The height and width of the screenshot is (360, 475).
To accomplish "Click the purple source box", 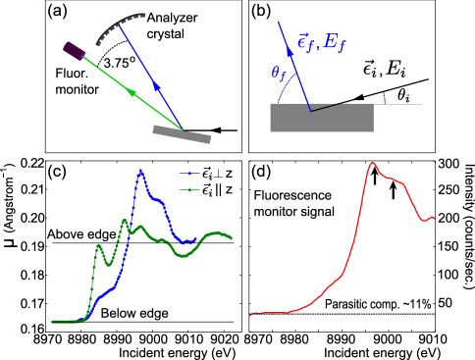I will coord(75,49).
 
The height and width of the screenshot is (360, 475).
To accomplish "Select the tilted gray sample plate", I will coord(182,133).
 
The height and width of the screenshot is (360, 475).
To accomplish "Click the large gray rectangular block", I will coord(321,118).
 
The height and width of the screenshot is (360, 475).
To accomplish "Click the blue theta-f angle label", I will coord(279,73).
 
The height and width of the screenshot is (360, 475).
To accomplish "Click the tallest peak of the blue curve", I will coord(141,171).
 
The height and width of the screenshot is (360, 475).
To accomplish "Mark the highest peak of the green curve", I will coord(125,222).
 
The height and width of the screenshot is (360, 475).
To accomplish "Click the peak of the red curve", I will coord(373,163).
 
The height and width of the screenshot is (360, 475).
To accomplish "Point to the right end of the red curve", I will coord(433,217).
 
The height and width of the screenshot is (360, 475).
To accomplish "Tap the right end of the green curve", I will coord(233,238).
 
